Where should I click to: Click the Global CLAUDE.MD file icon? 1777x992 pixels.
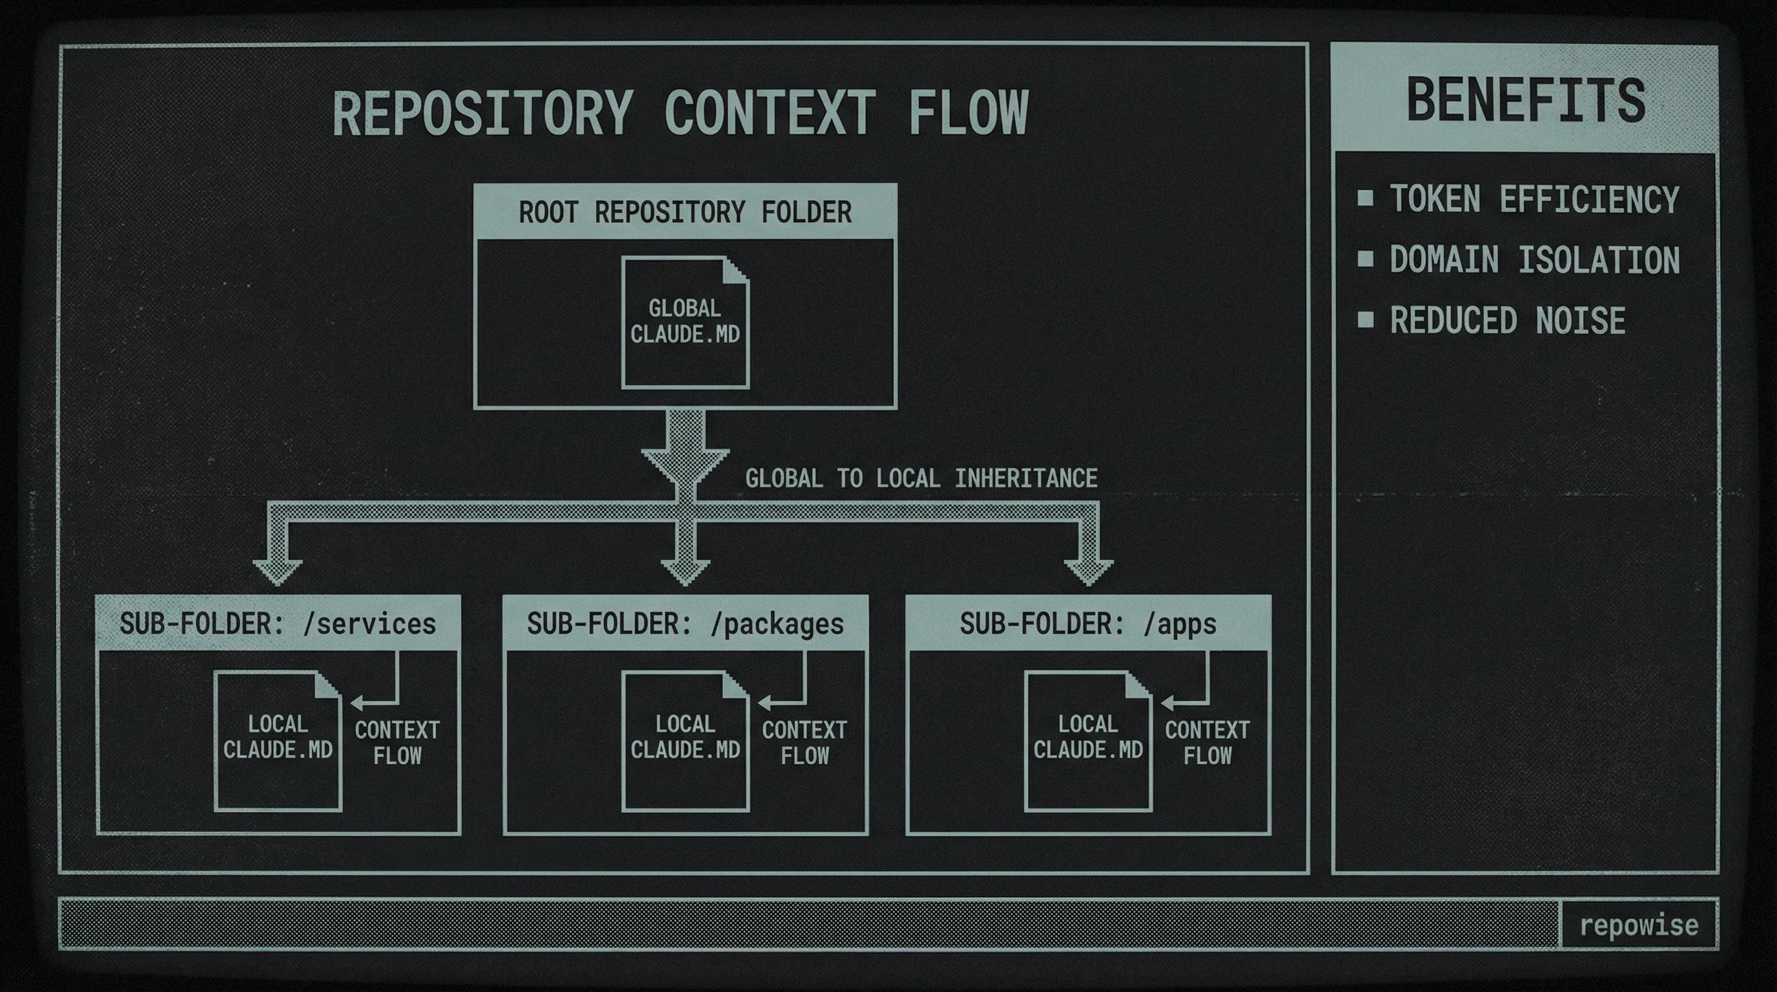[x=685, y=322]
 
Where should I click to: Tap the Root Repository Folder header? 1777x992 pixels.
[x=685, y=212]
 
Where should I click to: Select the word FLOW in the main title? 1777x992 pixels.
[x=968, y=112]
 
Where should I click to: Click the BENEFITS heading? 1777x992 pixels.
[x=1526, y=101]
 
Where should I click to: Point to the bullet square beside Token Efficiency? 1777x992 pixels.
[x=1365, y=199]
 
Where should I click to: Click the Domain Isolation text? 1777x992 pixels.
[x=1534, y=260]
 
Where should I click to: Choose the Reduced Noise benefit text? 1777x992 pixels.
[x=1507, y=321]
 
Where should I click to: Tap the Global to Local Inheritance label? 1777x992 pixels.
[x=921, y=478]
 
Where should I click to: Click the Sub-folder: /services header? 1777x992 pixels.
[x=278, y=624]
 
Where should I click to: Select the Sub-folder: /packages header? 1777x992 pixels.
[x=685, y=624]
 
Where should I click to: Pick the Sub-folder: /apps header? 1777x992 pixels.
[x=1088, y=624]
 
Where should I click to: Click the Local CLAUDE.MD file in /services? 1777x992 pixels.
[x=278, y=740]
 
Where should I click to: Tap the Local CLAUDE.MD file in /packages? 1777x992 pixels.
[x=685, y=740]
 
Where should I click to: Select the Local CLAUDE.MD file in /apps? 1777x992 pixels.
[x=1088, y=740]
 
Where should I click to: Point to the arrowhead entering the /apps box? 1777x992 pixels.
[x=1089, y=572]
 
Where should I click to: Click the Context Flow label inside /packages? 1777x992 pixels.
[x=805, y=742]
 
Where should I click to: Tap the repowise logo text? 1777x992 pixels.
[x=1638, y=924]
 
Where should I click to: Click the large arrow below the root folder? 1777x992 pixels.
[x=685, y=452]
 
